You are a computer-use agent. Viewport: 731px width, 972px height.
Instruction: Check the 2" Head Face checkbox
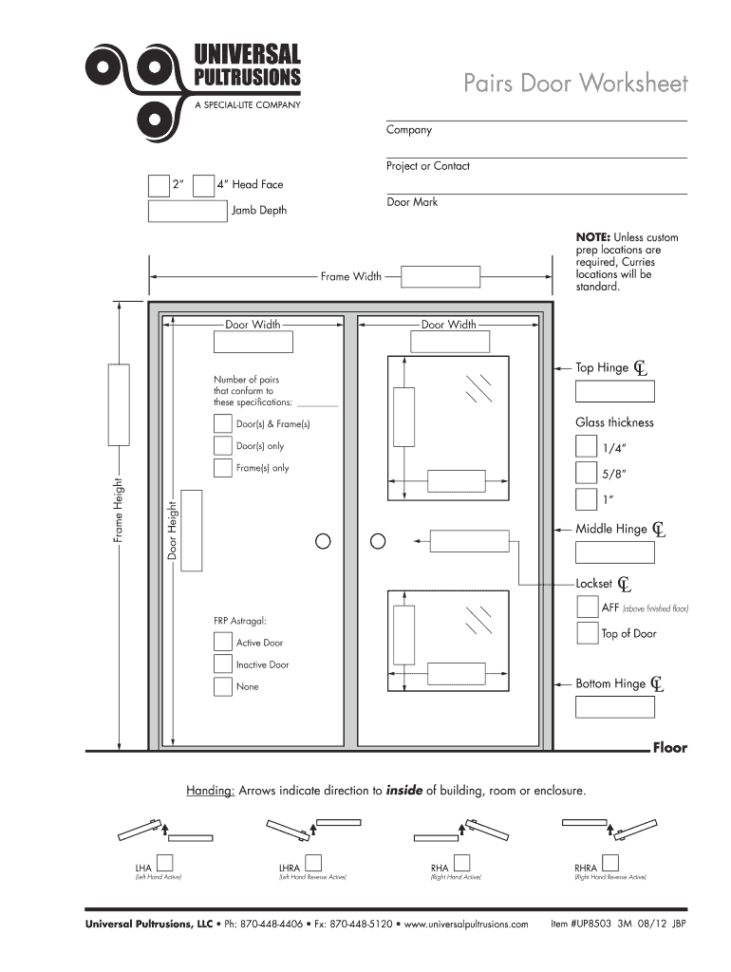159,184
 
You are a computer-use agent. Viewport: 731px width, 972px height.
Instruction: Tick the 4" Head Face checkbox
203,184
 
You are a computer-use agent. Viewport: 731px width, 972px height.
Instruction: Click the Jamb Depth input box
188,210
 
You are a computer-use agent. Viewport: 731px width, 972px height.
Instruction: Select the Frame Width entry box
439,276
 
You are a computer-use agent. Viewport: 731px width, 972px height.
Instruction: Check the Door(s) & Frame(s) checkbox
223,423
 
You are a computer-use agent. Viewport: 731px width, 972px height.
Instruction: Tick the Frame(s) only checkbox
223,467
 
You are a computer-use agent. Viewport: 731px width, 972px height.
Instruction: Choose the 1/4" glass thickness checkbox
586,446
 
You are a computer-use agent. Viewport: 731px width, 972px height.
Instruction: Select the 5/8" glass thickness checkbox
586,473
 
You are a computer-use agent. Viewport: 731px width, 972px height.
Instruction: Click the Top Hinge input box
614,391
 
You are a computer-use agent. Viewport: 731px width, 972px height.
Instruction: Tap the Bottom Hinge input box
614,706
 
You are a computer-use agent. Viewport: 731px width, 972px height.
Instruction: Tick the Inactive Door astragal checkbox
223,664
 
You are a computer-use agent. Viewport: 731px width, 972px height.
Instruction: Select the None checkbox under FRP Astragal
223,686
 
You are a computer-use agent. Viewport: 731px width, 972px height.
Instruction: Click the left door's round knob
323,541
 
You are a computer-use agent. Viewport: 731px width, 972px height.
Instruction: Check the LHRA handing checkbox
312,863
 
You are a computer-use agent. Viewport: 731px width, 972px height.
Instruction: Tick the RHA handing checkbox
462,863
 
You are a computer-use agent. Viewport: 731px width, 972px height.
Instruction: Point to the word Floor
669,748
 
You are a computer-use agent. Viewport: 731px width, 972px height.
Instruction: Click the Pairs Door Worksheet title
575,84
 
